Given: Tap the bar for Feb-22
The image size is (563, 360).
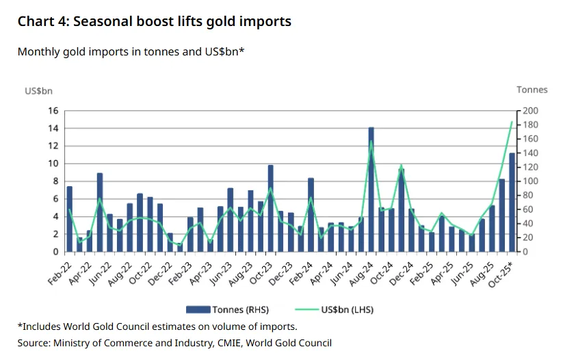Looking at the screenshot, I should [x=69, y=219].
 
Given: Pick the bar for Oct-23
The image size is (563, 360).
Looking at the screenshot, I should [x=270, y=208].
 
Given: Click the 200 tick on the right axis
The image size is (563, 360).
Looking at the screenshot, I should [x=531, y=111].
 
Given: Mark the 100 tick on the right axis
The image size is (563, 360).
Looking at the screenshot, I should [x=531, y=181].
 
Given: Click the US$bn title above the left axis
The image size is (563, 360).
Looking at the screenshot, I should [x=38, y=90].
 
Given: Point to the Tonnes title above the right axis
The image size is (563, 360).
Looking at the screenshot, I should [x=532, y=90].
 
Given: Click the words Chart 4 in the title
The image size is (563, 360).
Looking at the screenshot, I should [x=42, y=22].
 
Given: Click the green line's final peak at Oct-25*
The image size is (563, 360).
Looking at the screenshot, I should [x=512, y=123].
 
